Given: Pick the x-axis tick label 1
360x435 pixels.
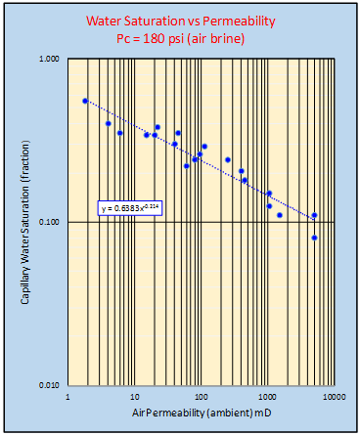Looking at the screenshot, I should coord(68,397).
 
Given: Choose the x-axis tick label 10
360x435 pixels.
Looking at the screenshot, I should coord(134,397).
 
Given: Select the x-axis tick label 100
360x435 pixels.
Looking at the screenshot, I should coord(201,397).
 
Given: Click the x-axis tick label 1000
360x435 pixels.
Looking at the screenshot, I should coord(267,397).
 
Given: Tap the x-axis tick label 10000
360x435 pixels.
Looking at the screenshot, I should coord(333,397).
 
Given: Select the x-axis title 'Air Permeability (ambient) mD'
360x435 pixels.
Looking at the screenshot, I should coord(201,414).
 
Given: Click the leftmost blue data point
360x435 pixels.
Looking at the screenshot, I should coord(85,101).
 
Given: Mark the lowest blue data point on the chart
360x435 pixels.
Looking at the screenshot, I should coord(314,238).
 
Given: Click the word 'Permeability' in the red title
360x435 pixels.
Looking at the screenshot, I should coord(242,20).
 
